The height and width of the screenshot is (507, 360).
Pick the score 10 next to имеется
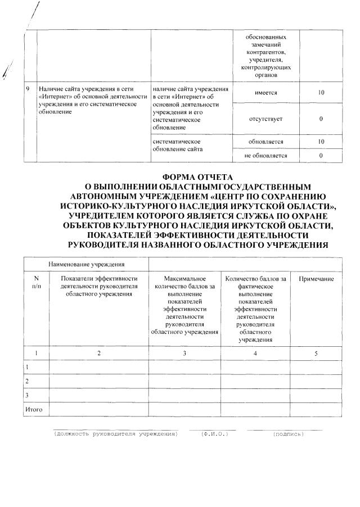pos(321,93)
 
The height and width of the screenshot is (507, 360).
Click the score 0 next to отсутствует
pos(321,119)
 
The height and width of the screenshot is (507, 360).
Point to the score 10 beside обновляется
pos(321,142)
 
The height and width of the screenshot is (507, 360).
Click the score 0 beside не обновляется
pos(321,156)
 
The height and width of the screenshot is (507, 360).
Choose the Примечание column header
pos(316,279)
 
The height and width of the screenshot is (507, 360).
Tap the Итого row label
pos(35,410)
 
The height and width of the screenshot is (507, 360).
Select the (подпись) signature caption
pos(287,434)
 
